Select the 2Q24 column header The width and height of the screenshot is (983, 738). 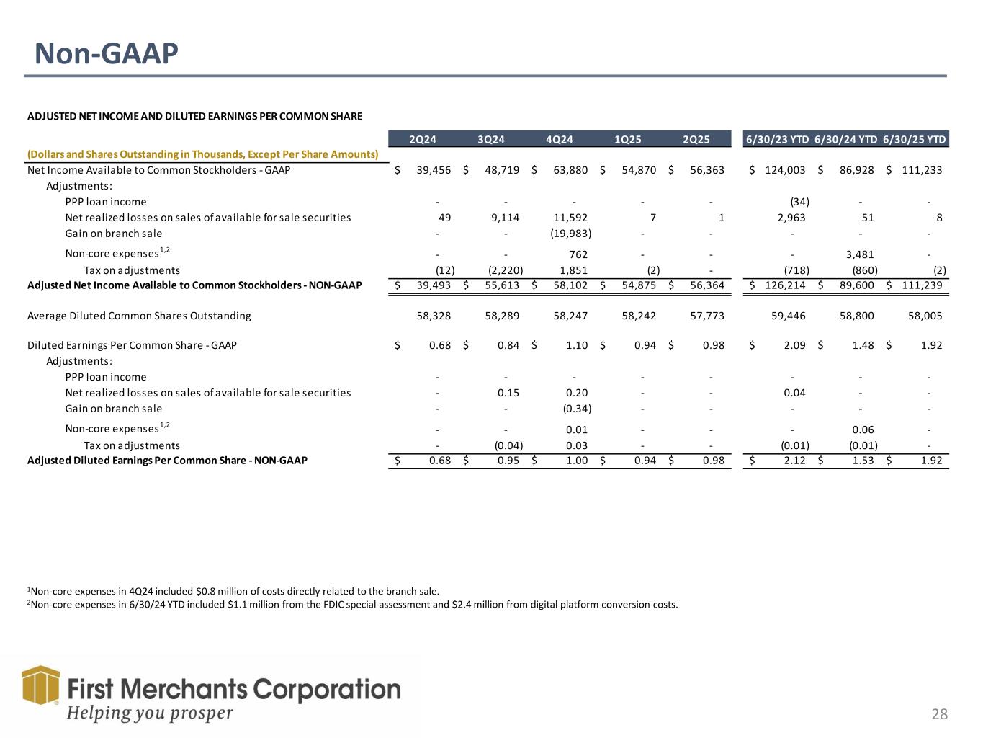tap(423, 140)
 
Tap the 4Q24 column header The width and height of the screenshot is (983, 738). tap(559, 140)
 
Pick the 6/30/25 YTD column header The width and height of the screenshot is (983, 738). tap(914, 140)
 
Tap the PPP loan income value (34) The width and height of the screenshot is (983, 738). tap(799, 202)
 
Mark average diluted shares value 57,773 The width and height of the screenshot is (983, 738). tap(706, 316)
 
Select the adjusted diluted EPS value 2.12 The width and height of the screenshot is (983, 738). tap(792, 461)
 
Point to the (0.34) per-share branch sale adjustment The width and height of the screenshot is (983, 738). tap(576, 409)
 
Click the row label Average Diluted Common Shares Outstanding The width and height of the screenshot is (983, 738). tap(139, 316)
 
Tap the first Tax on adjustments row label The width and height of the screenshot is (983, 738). tap(132, 270)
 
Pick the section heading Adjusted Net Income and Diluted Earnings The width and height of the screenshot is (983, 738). tap(194, 116)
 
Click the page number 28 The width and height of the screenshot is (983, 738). tap(939, 714)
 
